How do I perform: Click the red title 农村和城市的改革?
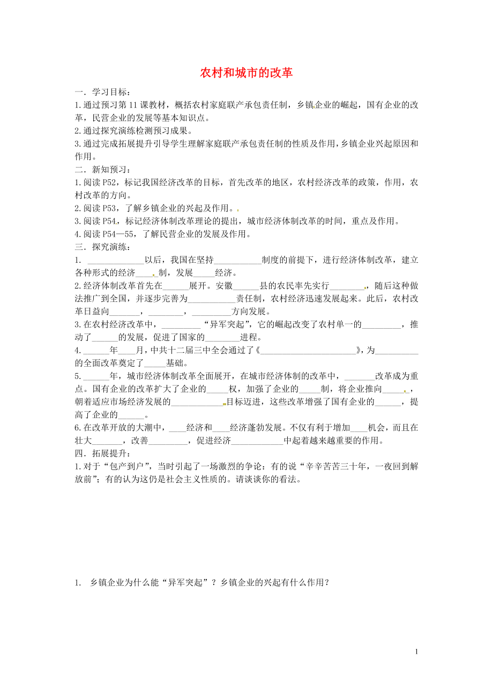(246, 73)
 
